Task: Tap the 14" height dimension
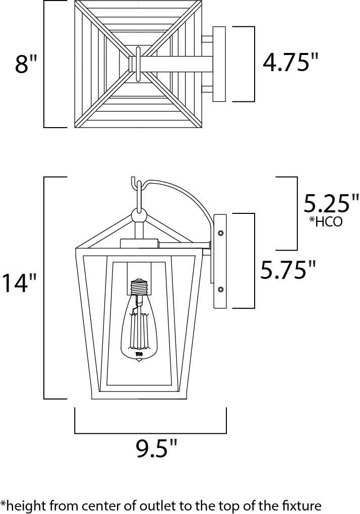coord(19,283)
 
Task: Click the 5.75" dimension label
coord(288,270)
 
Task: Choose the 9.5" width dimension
coord(157,448)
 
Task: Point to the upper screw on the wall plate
coord(220,233)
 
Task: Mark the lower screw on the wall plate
coord(220,289)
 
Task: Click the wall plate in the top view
coord(219,64)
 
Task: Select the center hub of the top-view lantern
coord(137,64)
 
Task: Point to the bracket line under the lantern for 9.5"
coord(150,433)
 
